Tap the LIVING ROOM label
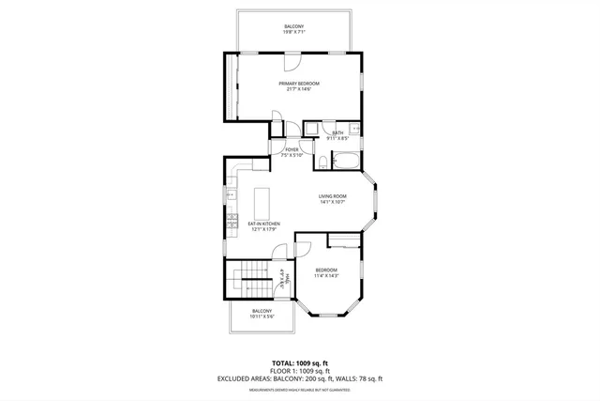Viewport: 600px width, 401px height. (333, 199)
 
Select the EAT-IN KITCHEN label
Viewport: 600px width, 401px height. (262, 225)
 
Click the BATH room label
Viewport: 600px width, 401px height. (337, 135)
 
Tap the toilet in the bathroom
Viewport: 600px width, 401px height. (322, 163)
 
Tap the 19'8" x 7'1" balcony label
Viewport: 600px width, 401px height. (294, 29)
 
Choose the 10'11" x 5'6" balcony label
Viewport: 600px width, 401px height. (262, 314)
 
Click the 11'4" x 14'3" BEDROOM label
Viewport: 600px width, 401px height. (325, 272)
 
